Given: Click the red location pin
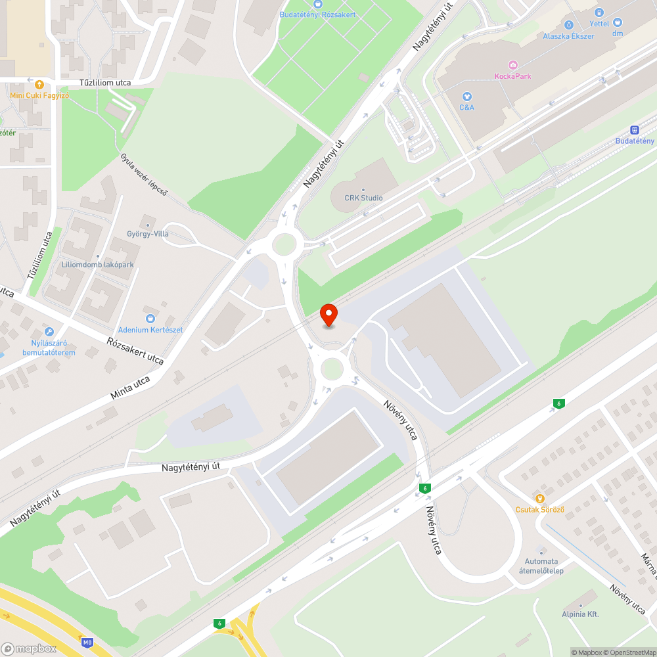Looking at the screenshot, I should click(328, 315).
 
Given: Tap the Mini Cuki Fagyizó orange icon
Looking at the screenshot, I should click(39, 84).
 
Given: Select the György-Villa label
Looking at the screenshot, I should click(147, 233).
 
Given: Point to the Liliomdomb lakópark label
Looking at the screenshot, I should click(98, 264).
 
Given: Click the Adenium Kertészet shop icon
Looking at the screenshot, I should click(150, 319).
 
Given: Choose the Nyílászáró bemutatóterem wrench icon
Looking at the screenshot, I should click(49, 332).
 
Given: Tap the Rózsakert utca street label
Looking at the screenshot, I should click(135, 351).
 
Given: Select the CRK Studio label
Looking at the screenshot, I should click(364, 198).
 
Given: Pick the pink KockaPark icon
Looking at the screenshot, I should click(512, 64).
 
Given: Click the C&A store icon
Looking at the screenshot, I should click(466, 96).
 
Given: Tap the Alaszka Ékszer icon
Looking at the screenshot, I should click(568, 25).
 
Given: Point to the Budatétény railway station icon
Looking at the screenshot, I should click(635, 130).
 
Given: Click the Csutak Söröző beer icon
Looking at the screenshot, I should click(540, 498).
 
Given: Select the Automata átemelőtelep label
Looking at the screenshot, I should click(541, 566).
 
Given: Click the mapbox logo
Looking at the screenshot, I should click(30, 648).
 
